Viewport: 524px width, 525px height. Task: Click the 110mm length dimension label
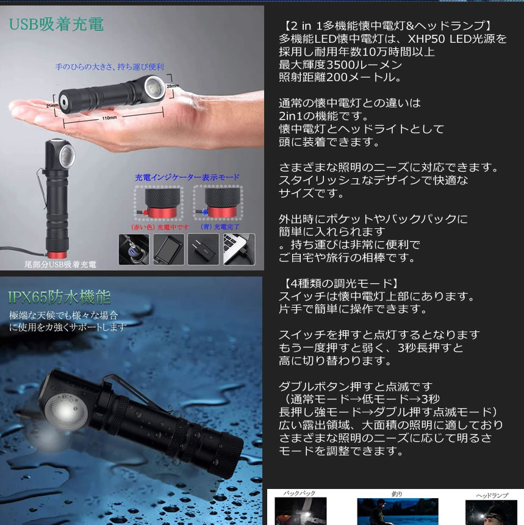click(x=109, y=117)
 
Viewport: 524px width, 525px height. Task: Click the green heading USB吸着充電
click(x=56, y=24)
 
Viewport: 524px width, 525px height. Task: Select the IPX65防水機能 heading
click(x=59, y=297)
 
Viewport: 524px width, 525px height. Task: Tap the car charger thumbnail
click(x=133, y=248)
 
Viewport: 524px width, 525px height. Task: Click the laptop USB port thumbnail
click(x=239, y=248)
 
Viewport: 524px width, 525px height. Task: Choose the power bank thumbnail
click(x=168, y=248)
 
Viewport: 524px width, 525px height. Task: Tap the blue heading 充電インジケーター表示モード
click(x=187, y=177)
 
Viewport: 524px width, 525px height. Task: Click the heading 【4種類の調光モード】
click(x=340, y=283)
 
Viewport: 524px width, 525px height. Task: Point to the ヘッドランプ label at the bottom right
click(x=490, y=496)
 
